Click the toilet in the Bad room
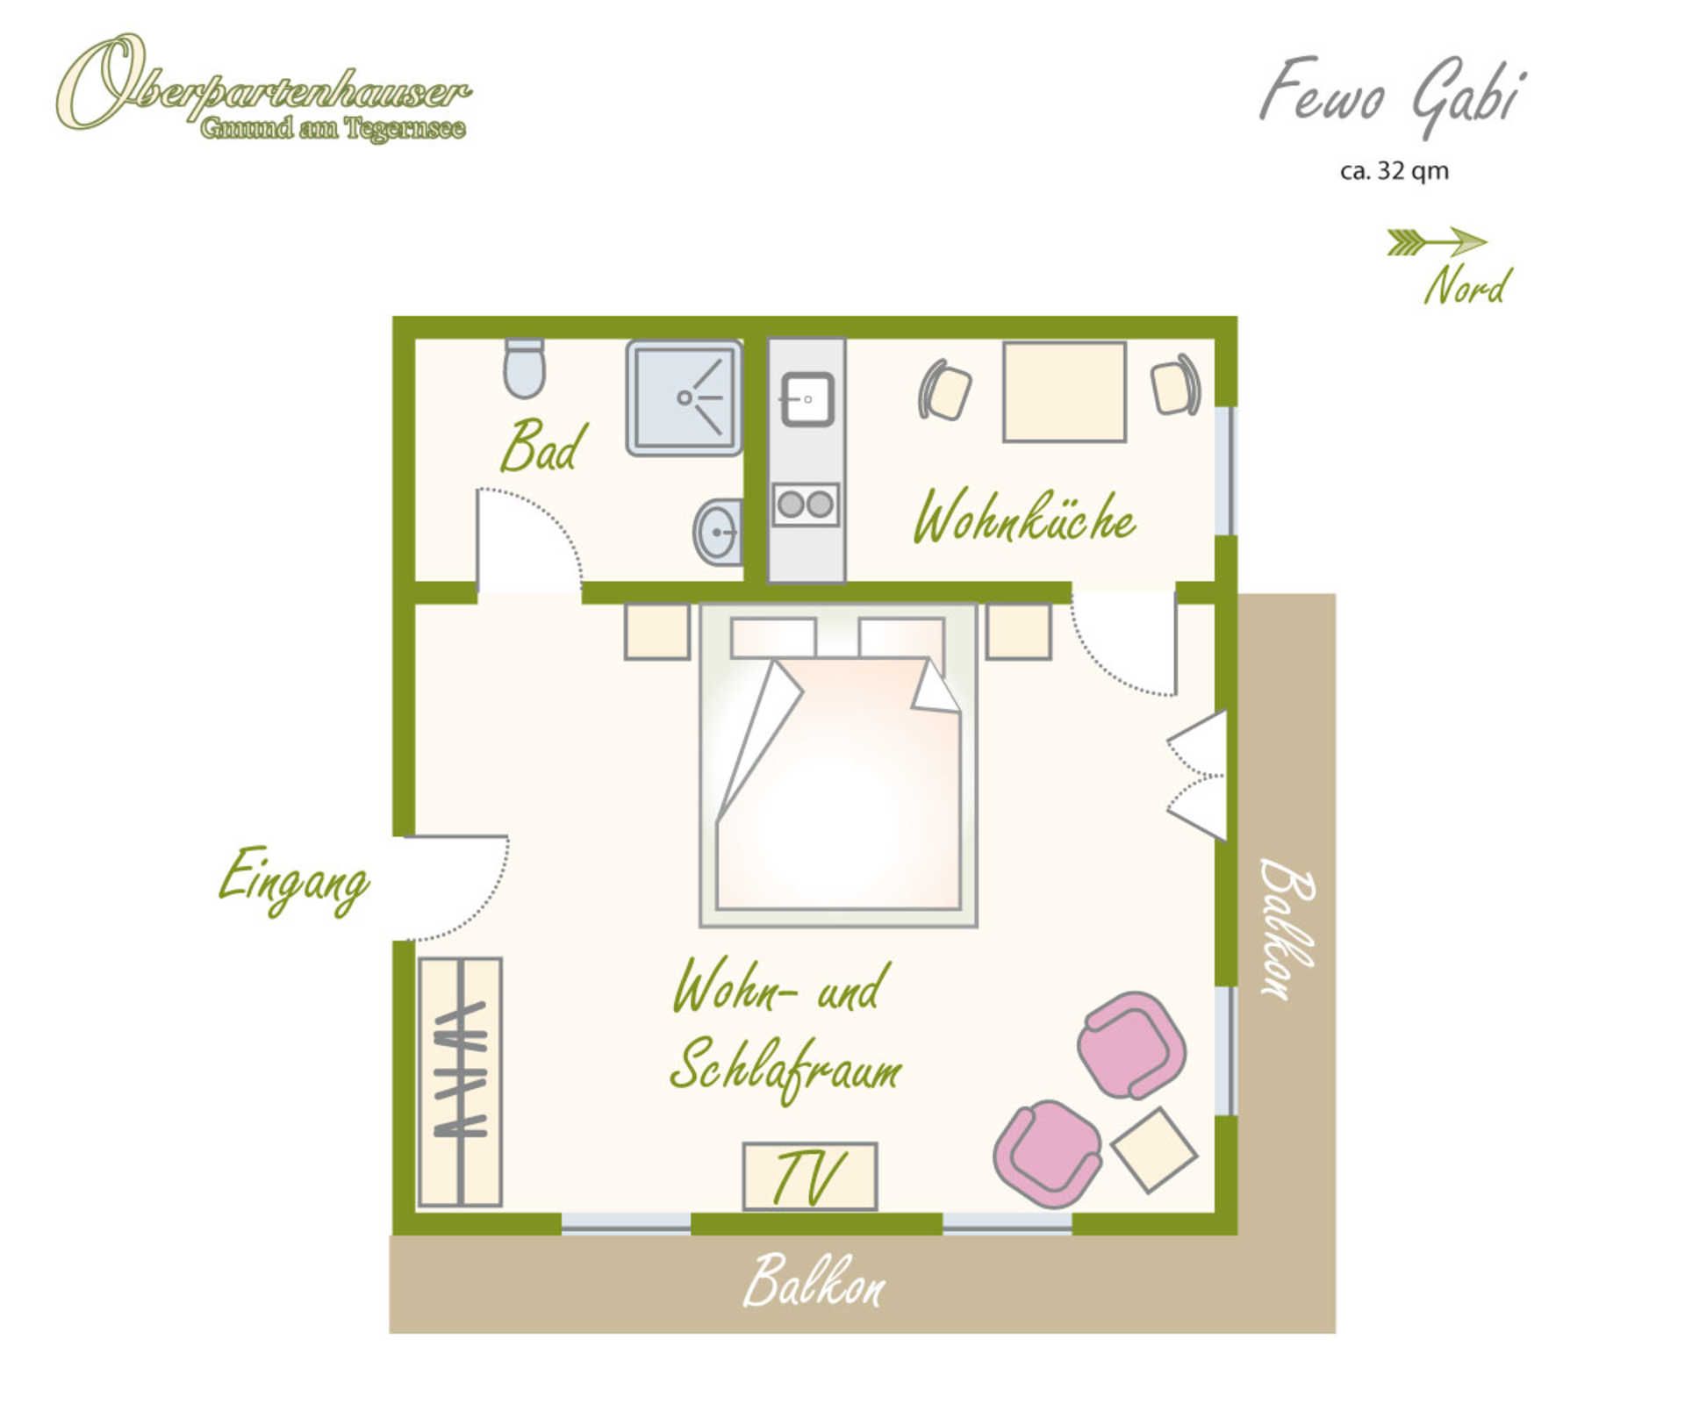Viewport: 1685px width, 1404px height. click(x=525, y=368)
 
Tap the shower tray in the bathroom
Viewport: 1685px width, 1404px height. click(x=684, y=398)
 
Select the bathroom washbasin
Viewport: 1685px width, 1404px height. click(x=718, y=532)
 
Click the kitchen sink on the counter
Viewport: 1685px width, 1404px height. click(x=807, y=399)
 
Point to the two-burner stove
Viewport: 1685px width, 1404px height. click(x=806, y=505)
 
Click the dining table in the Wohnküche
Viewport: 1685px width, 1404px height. click(x=1065, y=392)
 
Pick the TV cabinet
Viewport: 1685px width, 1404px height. click(x=809, y=1177)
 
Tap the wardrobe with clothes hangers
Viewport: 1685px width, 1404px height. click(x=460, y=1082)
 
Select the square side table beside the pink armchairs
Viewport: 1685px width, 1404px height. click(x=1154, y=1150)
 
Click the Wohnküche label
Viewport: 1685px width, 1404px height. click(x=1024, y=518)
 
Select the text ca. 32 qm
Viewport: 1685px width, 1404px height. click(x=1394, y=170)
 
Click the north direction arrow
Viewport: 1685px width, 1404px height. click(x=1437, y=241)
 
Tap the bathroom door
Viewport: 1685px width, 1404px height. click(x=527, y=540)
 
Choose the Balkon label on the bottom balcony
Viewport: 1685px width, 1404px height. click(x=814, y=1282)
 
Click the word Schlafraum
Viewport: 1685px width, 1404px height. click(x=785, y=1069)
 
